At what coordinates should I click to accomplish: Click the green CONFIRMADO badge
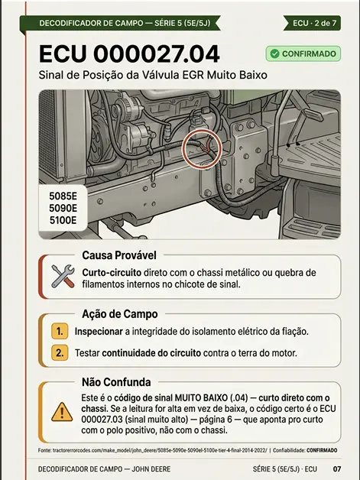tap(303, 54)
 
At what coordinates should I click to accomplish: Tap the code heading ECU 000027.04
tap(129, 54)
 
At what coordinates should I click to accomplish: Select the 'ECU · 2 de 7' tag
tap(312, 23)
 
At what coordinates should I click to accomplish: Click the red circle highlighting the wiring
tap(202, 149)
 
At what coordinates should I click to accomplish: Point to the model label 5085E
tap(63, 196)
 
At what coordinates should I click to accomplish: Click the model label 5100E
tap(63, 220)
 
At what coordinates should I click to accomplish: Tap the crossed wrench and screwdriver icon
tap(63, 276)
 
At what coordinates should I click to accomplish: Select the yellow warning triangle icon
tap(62, 412)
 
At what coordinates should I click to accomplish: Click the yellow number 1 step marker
tap(60, 331)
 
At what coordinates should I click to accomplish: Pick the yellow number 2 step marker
tap(60, 352)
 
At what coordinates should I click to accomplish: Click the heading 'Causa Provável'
tap(119, 255)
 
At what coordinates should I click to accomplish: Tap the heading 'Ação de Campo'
tap(120, 314)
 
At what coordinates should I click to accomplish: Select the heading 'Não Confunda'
tap(116, 382)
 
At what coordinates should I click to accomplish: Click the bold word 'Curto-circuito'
tap(112, 272)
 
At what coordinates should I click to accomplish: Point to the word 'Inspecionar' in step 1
tap(99, 332)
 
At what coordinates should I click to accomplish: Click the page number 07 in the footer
tap(337, 469)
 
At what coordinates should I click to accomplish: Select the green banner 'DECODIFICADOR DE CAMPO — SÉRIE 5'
tap(120, 23)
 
